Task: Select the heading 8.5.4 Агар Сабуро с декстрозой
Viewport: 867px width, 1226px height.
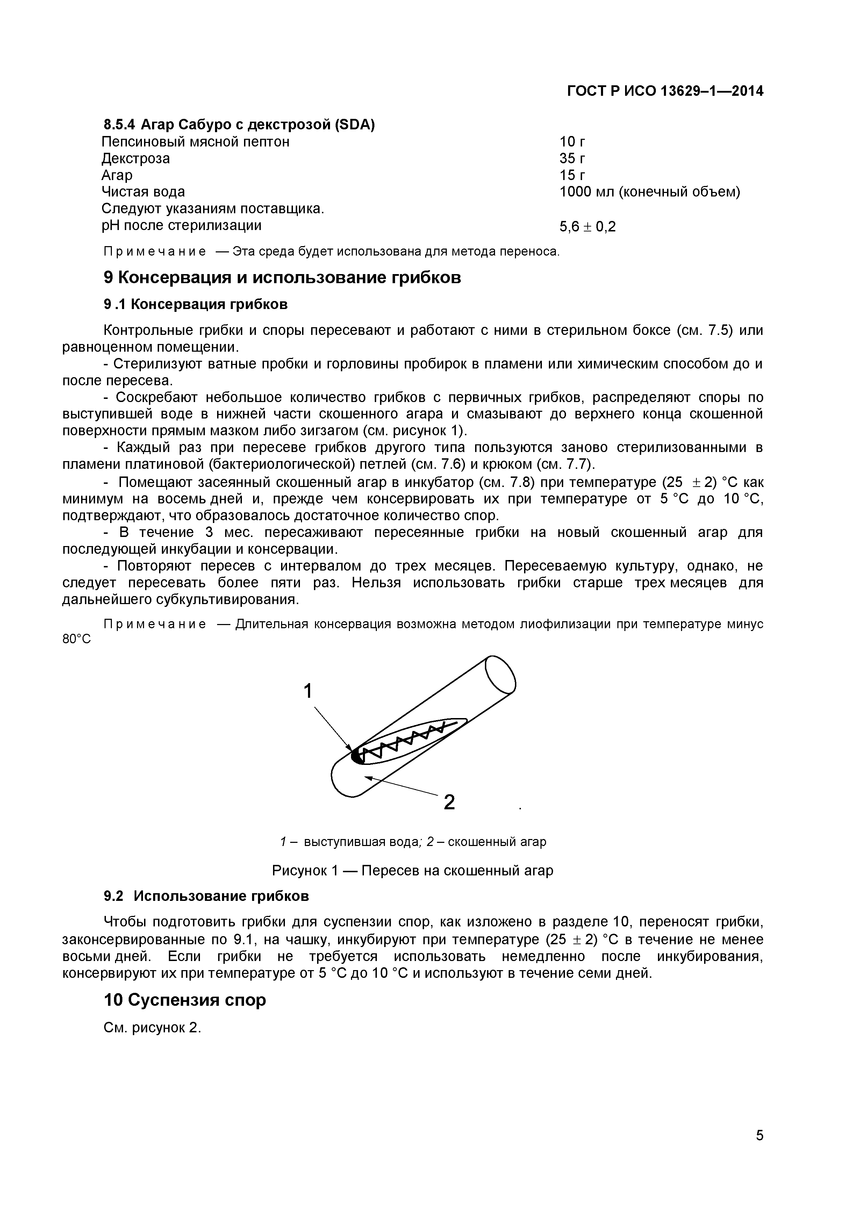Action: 239,125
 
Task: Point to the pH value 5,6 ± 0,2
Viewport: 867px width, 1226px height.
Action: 587,227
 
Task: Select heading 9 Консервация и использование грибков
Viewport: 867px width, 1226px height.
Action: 282,278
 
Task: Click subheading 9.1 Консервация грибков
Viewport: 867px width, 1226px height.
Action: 195,304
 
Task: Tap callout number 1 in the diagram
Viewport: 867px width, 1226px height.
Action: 308,691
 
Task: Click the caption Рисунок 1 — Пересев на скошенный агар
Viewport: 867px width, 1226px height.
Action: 413,871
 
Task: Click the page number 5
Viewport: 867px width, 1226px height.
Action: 759,1150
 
